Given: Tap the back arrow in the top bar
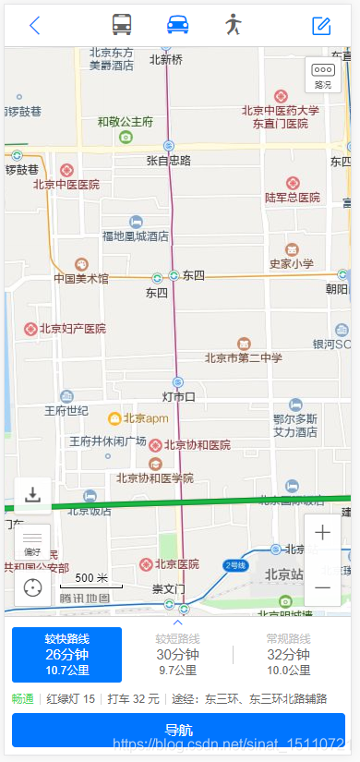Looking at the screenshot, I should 35,25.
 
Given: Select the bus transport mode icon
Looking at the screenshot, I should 122,25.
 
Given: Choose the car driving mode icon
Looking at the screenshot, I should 178,25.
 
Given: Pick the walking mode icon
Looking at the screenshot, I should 234,25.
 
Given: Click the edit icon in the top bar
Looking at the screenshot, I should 321,25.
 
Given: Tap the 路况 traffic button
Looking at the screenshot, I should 322,75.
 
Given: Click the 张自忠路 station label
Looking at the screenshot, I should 168,161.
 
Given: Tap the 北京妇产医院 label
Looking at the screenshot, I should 70,329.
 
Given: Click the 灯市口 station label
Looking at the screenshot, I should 178,397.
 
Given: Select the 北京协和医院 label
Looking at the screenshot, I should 197,445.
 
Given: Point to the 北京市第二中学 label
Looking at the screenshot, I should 244,358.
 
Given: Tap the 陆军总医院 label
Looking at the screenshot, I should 292,198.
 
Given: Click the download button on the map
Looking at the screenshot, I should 33,494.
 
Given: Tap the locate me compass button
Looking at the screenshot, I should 33,587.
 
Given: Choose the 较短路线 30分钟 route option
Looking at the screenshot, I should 178,654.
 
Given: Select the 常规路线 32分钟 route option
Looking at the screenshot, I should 287,654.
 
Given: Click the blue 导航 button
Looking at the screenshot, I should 178,730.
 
